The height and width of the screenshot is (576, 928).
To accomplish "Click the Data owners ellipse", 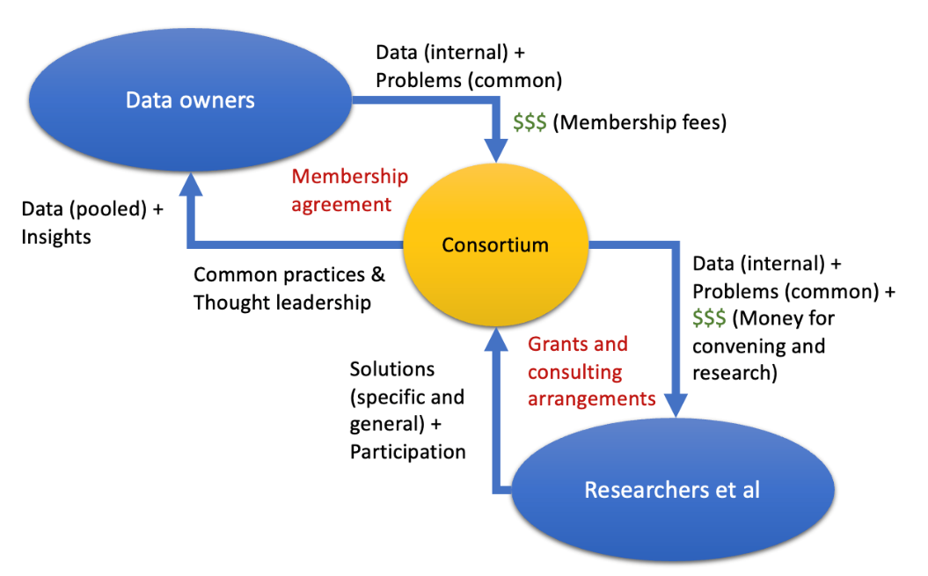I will coord(190,99).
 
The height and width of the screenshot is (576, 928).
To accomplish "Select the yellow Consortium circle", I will coord(494,244).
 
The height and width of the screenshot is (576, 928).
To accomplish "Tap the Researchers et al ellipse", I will coord(672,489).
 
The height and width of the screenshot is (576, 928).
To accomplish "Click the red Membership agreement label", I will coord(349,190).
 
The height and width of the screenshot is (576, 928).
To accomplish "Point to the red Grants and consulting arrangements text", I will coord(591,371).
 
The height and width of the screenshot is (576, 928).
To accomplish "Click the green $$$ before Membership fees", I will coord(529,122).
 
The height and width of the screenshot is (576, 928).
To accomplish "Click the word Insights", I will coord(58,237).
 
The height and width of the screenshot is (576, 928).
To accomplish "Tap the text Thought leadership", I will coord(281,303).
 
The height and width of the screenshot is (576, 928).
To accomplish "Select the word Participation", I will coord(407,452).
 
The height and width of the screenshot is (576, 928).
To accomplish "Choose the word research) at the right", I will coord(735,373).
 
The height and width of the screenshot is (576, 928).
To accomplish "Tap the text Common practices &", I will coord(289,274).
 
